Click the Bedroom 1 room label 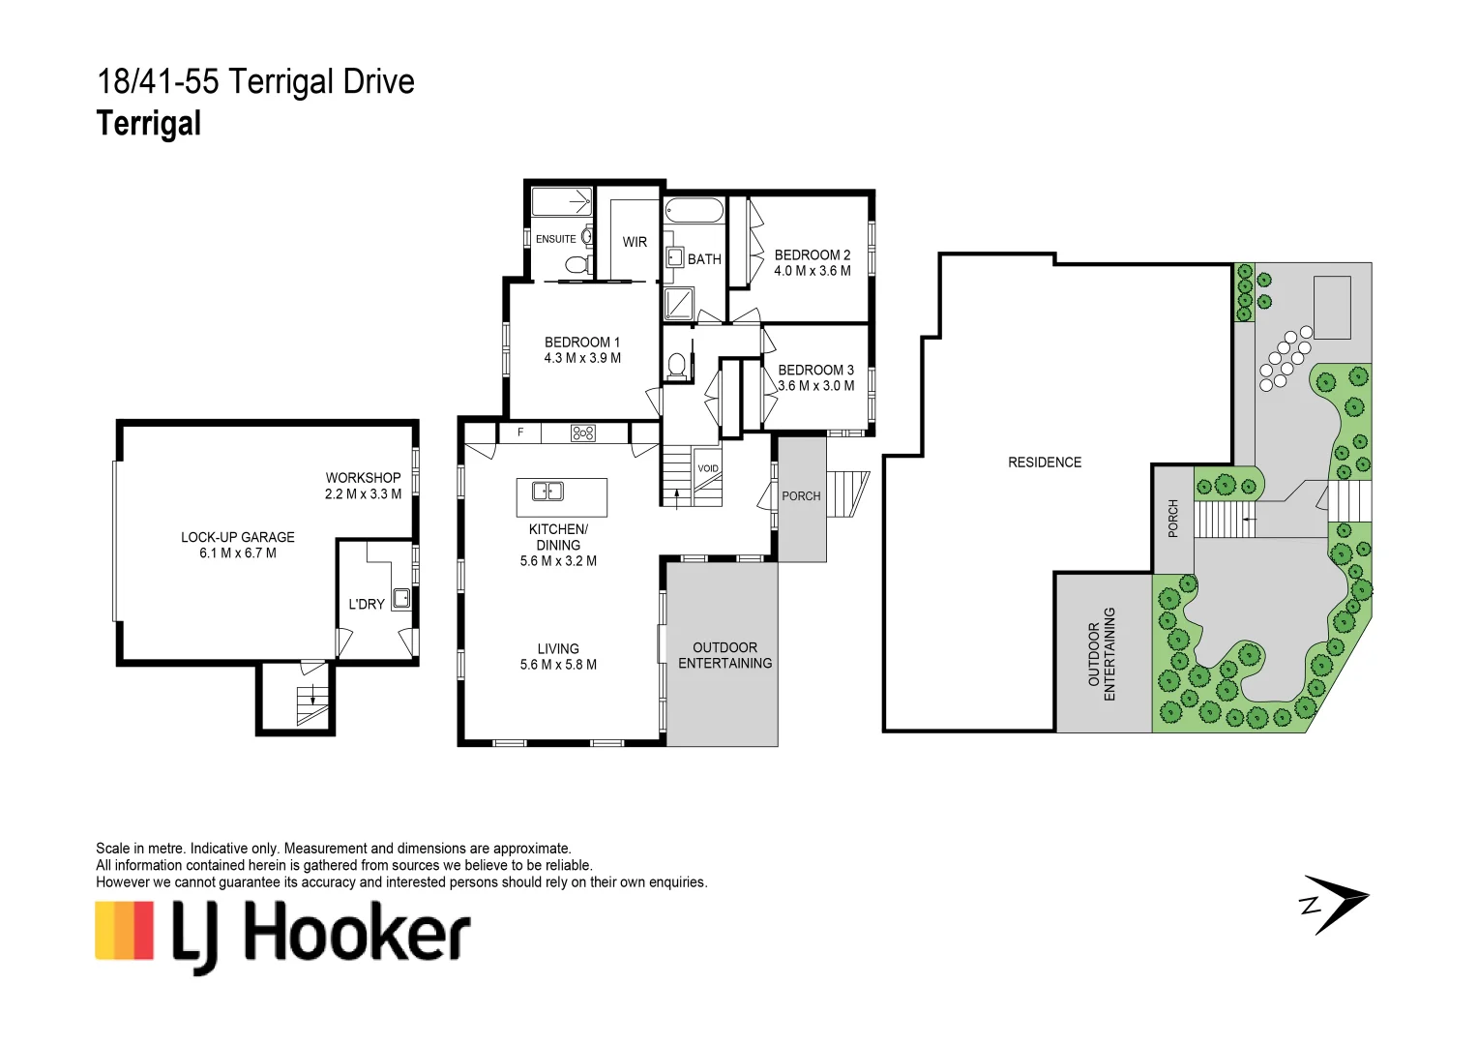pyautogui.click(x=581, y=343)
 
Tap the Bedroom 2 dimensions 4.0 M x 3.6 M pyautogui.click(x=812, y=271)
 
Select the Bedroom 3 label pyautogui.click(x=815, y=370)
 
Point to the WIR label pyautogui.click(x=635, y=242)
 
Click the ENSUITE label pyautogui.click(x=555, y=239)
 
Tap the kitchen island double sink pyautogui.click(x=547, y=492)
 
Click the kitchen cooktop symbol pyautogui.click(x=583, y=433)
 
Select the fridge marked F pyautogui.click(x=520, y=433)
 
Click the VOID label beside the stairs pyautogui.click(x=708, y=468)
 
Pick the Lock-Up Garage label pyautogui.click(x=238, y=537)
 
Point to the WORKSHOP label pyautogui.click(x=363, y=478)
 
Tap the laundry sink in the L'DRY pyautogui.click(x=400, y=597)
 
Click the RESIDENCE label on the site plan pyautogui.click(x=1044, y=463)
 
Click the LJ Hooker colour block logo pyautogui.click(x=124, y=931)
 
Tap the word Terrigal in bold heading pyautogui.click(x=149, y=124)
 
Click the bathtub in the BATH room pyautogui.click(x=694, y=211)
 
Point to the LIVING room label pyautogui.click(x=558, y=648)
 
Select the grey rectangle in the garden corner pyautogui.click(x=1331, y=307)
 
